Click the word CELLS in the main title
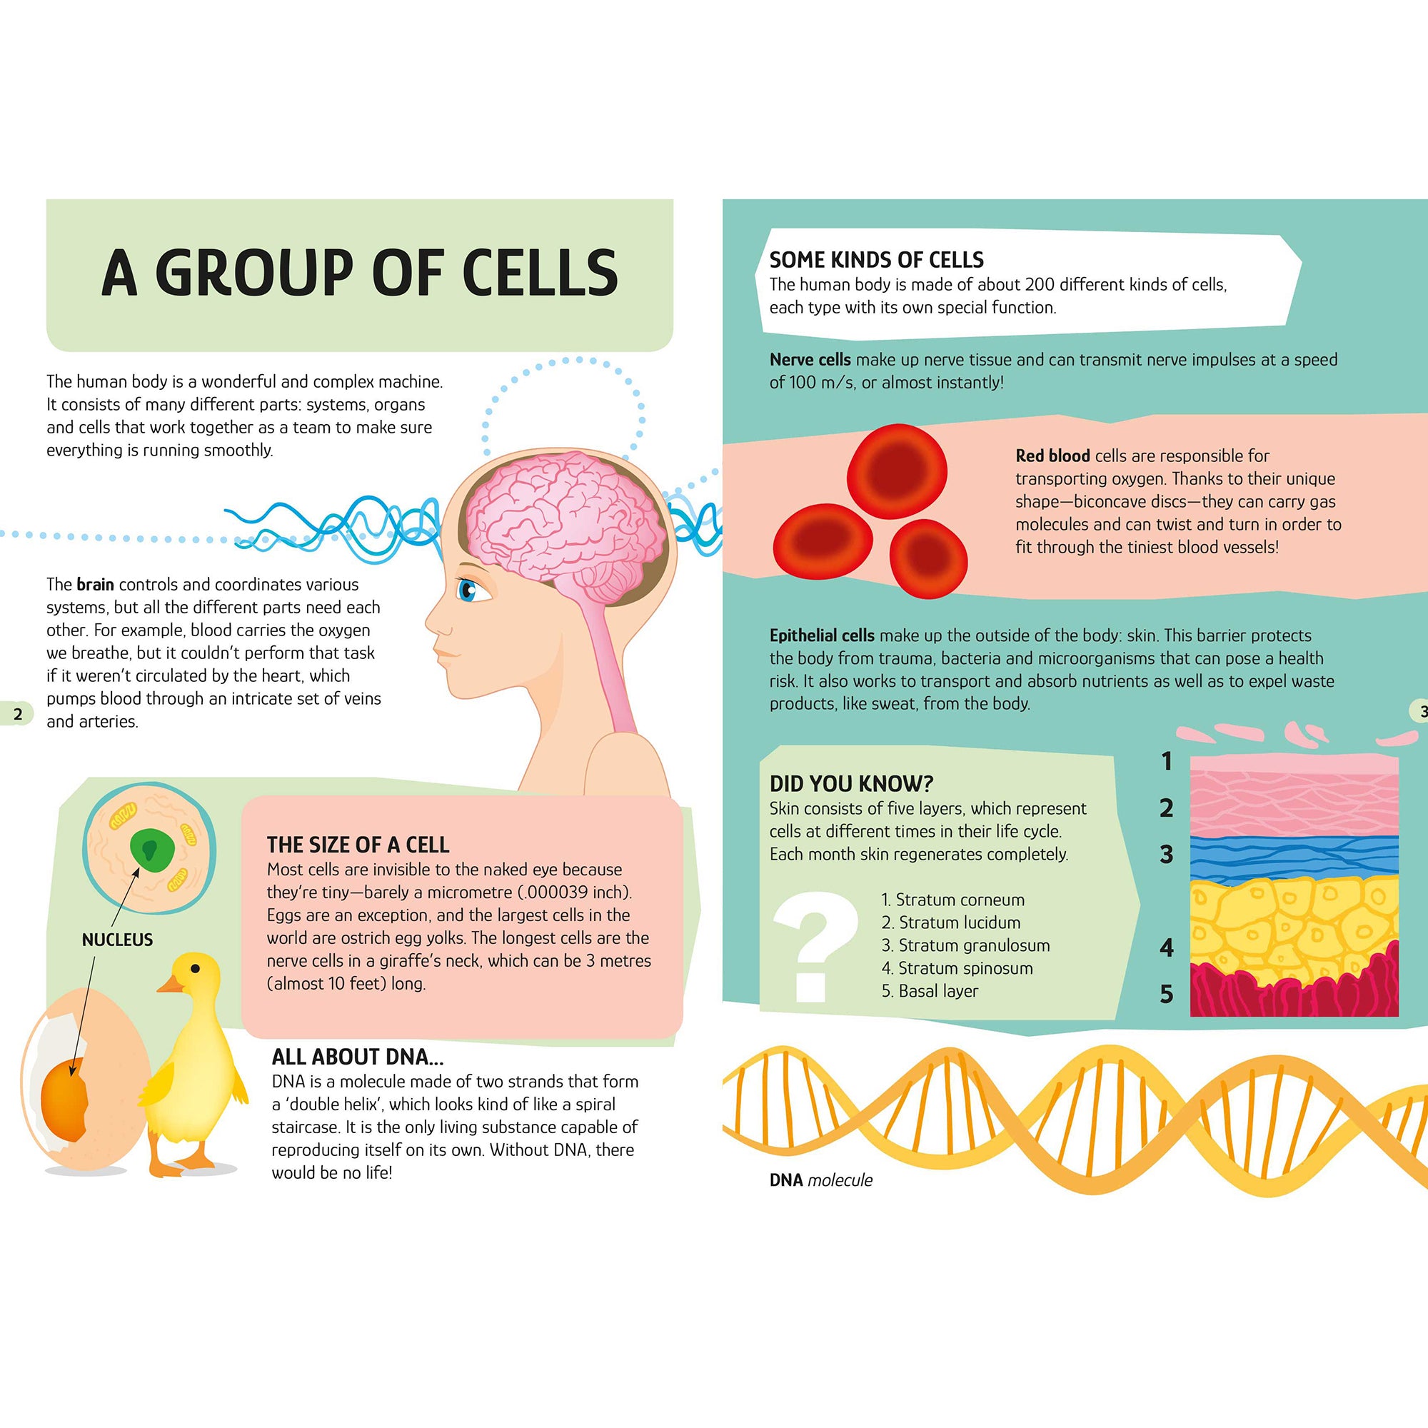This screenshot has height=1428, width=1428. [x=540, y=273]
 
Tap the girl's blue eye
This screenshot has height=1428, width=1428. [x=468, y=590]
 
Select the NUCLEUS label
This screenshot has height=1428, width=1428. [x=118, y=940]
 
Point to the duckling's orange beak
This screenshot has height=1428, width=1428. [x=171, y=985]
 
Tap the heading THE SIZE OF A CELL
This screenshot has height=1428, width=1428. [x=358, y=845]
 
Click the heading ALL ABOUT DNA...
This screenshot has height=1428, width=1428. [x=358, y=1056]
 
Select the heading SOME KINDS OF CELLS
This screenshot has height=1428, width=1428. [x=877, y=260]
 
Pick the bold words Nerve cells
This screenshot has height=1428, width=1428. [x=810, y=360]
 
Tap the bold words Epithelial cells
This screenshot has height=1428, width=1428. [x=822, y=635]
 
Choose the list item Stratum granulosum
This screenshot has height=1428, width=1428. [x=965, y=945]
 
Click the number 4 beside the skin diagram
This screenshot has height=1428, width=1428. [x=1167, y=947]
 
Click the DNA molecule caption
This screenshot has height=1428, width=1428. [x=820, y=1180]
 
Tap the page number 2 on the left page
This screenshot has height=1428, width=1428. [x=18, y=713]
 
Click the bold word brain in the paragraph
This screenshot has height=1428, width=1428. [x=96, y=585]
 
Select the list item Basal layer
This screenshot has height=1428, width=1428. [x=930, y=991]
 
